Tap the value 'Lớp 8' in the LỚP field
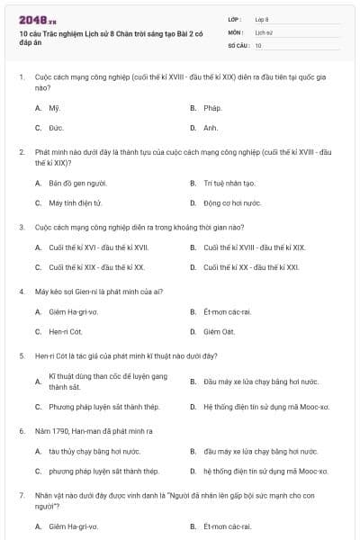click(264, 18)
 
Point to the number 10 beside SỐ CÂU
click(259, 44)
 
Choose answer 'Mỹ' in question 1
click(53, 107)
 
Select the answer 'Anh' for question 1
click(211, 128)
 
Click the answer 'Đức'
click(55, 128)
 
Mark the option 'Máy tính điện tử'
click(76, 202)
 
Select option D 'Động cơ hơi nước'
click(232, 202)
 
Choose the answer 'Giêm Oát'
click(219, 332)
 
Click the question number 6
click(22, 431)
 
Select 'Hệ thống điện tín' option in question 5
click(266, 406)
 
